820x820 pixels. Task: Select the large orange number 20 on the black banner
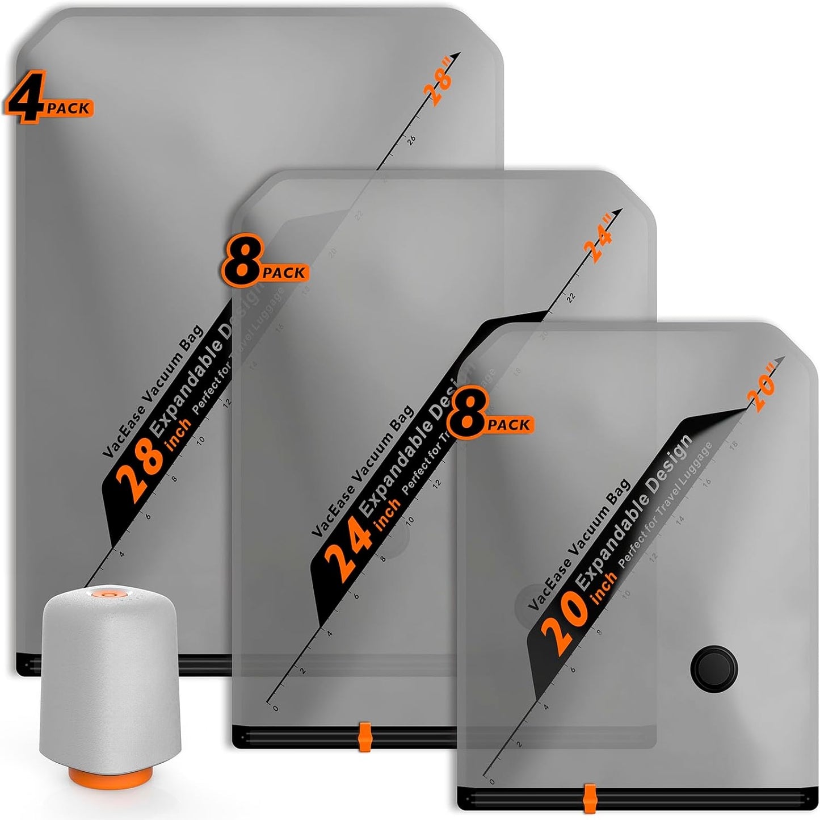(x=560, y=625)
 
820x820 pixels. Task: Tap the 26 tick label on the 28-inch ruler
(x=411, y=139)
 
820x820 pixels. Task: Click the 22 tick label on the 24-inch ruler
(x=571, y=297)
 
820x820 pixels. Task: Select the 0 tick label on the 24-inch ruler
(x=276, y=708)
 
